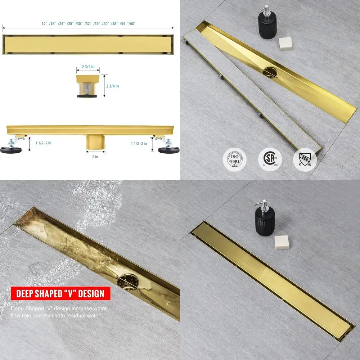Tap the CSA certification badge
point(270,159)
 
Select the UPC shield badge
point(305,159)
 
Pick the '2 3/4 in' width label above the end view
point(88,67)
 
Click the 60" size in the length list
point(131,23)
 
